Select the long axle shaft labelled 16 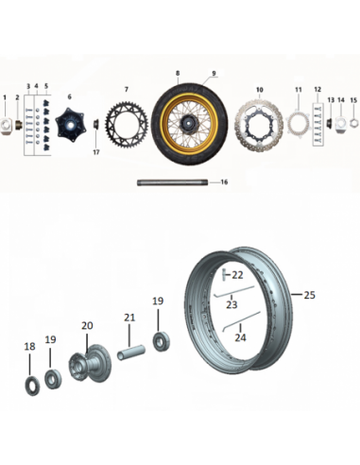click(x=172, y=182)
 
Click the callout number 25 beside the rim click(x=309, y=295)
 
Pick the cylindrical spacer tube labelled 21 click(x=131, y=353)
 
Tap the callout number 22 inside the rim click(x=237, y=275)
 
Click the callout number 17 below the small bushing click(x=96, y=152)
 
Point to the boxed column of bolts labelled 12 click(x=317, y=125)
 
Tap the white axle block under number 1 click(x=6, y=126)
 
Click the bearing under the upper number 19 click(x=162, y=340)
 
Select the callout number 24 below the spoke click(x=240, y=337)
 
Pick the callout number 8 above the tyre click(x=178, y=74)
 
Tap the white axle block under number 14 click(x=341, y=124)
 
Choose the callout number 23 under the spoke click(x=231, y=304)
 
